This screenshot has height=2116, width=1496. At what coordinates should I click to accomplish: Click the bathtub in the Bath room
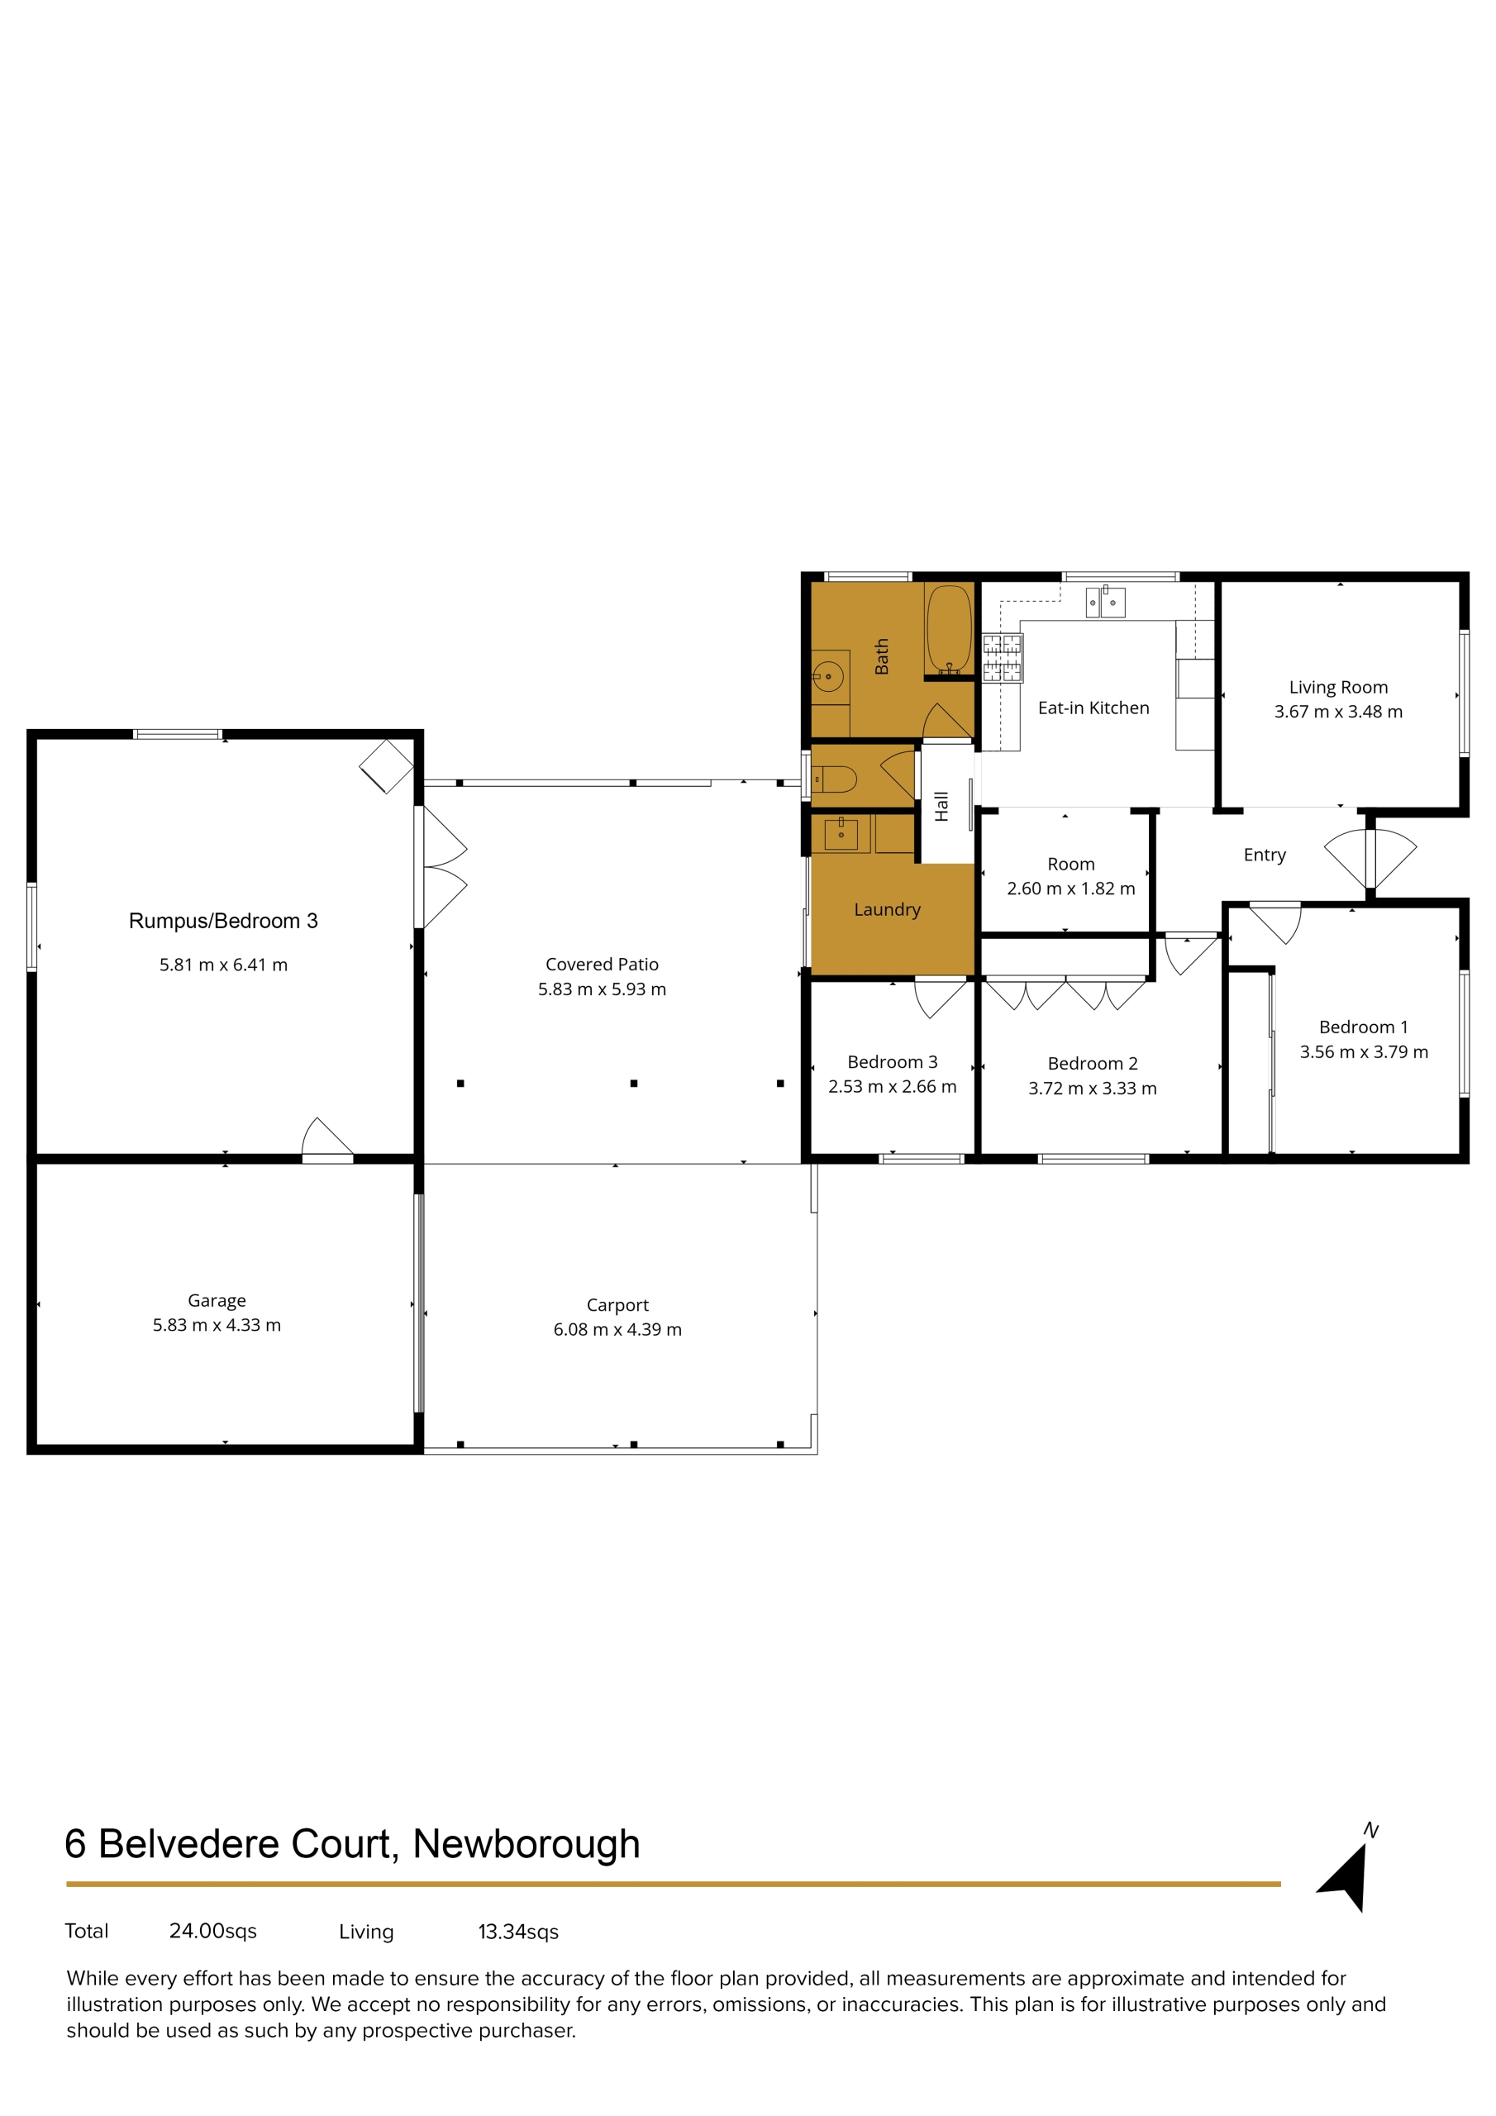click(x=949, y=628)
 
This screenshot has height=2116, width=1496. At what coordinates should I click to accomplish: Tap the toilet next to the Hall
click(x=835, y=779)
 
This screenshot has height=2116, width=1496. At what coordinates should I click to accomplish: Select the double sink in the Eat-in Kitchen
click(x=1105, y=602)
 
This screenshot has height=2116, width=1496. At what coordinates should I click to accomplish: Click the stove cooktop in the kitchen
click(x=1003, y=657)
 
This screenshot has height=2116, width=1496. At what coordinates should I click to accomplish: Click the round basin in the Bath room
click(x=829, y=676)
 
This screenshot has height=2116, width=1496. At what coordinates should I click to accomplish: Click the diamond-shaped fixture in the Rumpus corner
click(x=386, y=766)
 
